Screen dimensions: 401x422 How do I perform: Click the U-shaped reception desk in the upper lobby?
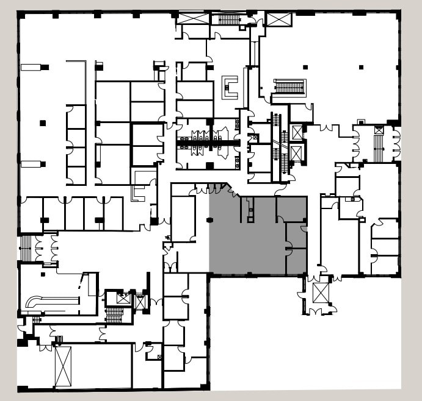tap(230, 87)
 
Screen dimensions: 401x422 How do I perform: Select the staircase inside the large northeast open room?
tap(289, 87)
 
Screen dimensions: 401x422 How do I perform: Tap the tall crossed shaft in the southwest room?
tap(63, 366)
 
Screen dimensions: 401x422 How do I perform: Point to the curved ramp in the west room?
tap(52, 301)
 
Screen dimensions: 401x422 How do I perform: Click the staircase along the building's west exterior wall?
tap(25, 249)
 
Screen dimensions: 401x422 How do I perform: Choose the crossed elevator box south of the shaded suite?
tap(321, 293)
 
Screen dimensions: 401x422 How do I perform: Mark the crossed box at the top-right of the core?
tap(278, 19)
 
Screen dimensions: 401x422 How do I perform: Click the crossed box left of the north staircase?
tap(192, 18)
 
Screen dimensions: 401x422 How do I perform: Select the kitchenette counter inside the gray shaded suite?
tap(251, 210)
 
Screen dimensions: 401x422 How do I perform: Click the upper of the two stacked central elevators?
tap(297, 132)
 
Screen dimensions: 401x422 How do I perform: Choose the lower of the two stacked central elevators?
tap(297, 153)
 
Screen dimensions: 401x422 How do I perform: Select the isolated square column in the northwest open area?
tap(43, 123)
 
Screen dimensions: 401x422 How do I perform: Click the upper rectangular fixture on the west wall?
tap(32, 67)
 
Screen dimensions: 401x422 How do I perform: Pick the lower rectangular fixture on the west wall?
tap(32, 164)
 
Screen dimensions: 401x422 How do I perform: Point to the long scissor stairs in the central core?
tap(283, 146)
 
